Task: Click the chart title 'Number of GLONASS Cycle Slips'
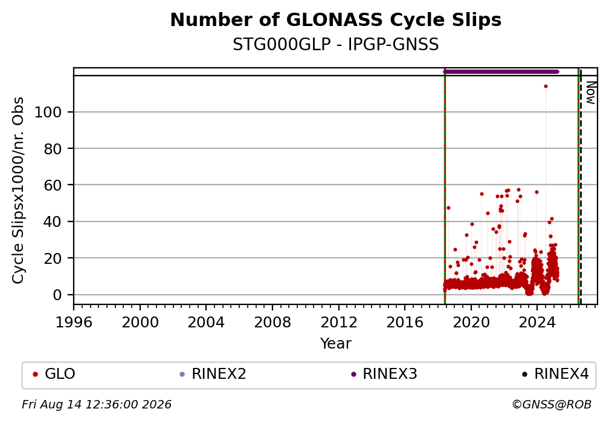pyautogui.click(x=335, y=20)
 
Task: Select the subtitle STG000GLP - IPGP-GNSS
pyautogui.click(x=335, y=44)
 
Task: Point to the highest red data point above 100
pyautogui.click(x=546, y=87)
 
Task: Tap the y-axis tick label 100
pyautogui.click(x=48, y=112)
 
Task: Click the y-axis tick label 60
pyautogui.click(x=53, y=185)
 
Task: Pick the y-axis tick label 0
pyautogui.click(x=57, y=295)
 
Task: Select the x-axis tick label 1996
pyautogui.click(x=74, y=322)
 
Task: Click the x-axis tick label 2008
pyautogui.click(x=272, y=322)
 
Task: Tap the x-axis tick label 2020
pyautogui.click(x=471, y=322)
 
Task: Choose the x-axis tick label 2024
pyautogui.click(x=537, y=322)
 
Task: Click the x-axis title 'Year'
pyautogui.click(x=335, y=343)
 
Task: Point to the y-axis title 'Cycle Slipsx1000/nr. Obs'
pyautogui.click(x=18, y=190)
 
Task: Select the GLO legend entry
pyautogui.click(x=54, y=374)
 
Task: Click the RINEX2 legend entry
pyautogui.click(x=213, y=374)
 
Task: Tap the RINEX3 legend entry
pyautogui.click(x=384, y=374)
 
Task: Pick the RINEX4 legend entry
pyautogui.click(x=555, y=374)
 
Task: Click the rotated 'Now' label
pyautogui.click(x=590, y=93)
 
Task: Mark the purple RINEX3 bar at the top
pyautogui.click(x=501, y=71)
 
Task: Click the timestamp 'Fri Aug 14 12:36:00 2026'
pyautogui.click(x=96, y=405)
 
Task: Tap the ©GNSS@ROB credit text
pyautogui.click(x=552, y=405)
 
